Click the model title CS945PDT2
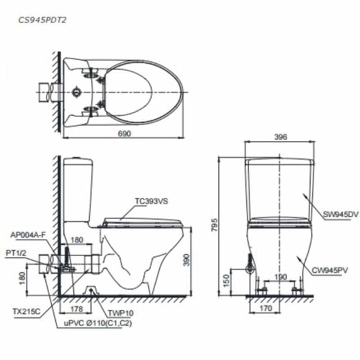pyautogui.click(x=42, y=20)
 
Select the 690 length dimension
pyautogui.click(x=124, y=133)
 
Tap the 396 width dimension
pyautogui.click(x=280, y=137)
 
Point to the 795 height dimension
pyautogui.click(x=215, y=225)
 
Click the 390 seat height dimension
pyautogui.click(x=187, y=260)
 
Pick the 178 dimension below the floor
pyautogui.click(x=76, y=309)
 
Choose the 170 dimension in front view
pyautogui.click(x=265, y=308)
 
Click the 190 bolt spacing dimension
pyautogui.click(x=280, y=277)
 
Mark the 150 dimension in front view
pyautogui.click(x=226, y=280)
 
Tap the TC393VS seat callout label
pyautogui.click(x=152, y=201)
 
